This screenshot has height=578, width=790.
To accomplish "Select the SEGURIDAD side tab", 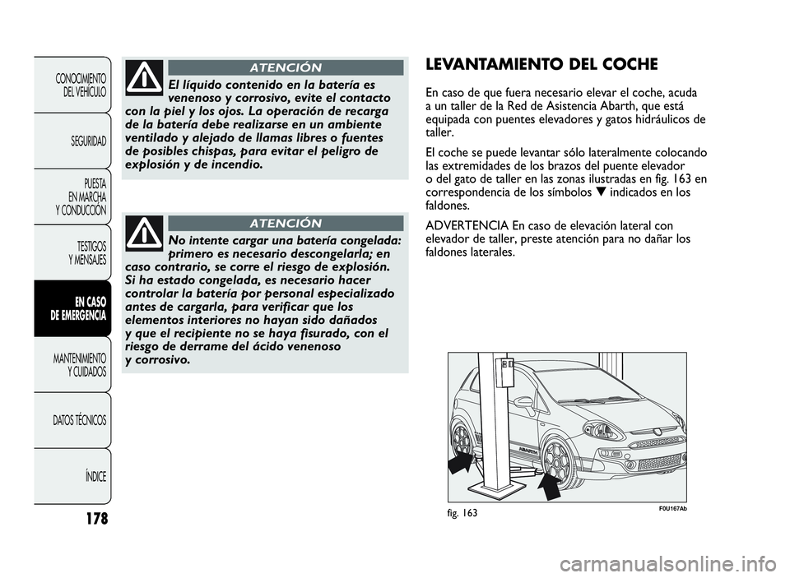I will pos(87,141).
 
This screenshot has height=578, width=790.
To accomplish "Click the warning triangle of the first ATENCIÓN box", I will pos(145,78).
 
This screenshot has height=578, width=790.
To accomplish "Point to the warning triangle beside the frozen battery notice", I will pos(145,234).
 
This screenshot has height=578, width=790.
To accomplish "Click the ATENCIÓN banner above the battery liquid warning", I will pos(286,67).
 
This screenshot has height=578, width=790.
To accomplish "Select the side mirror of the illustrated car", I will pos(523,403).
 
